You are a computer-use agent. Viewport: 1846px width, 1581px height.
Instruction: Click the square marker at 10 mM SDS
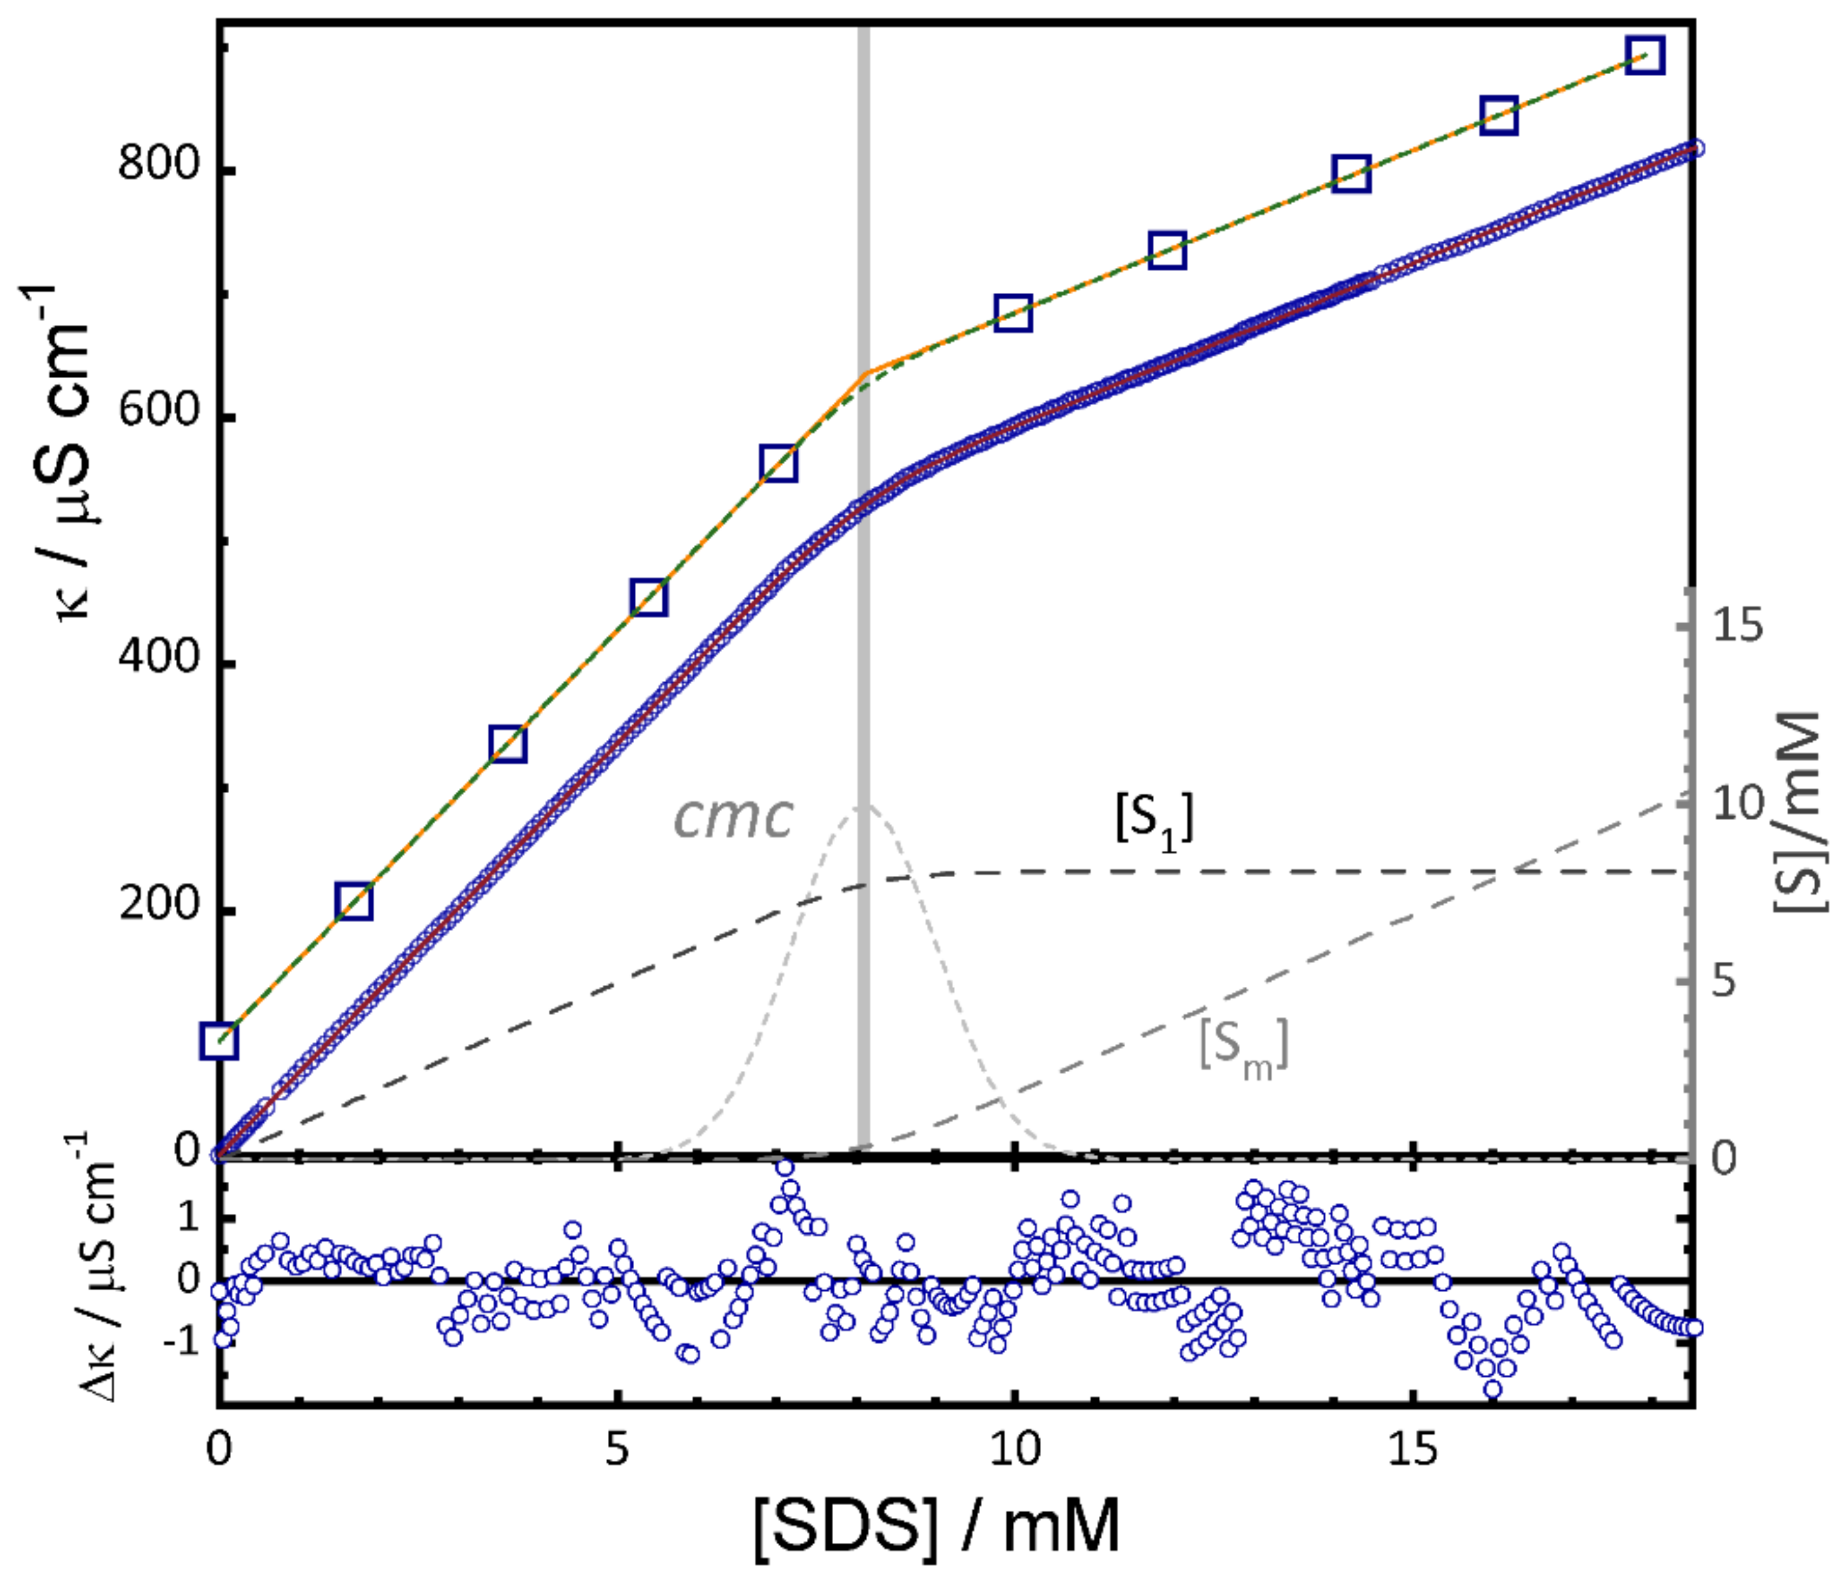pyautogui.click(x=1013, y=314)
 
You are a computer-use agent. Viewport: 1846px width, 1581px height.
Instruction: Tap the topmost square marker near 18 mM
pyautogui.click(x=1644, y=55)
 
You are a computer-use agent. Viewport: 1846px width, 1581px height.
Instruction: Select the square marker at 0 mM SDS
pyautogui.click(x=219, y=1041)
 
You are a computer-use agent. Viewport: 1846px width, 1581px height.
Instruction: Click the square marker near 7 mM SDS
pyautogui.click(x=779, y=464)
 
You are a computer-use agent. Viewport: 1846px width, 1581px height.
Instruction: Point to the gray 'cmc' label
pyautogui.click(x=733, y=816)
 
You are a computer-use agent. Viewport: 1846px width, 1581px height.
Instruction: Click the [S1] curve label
pyautogui.click(x=1154, y=818)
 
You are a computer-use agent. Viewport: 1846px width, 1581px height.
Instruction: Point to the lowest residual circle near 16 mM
pyautogui.click(x=1493, y=1389)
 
